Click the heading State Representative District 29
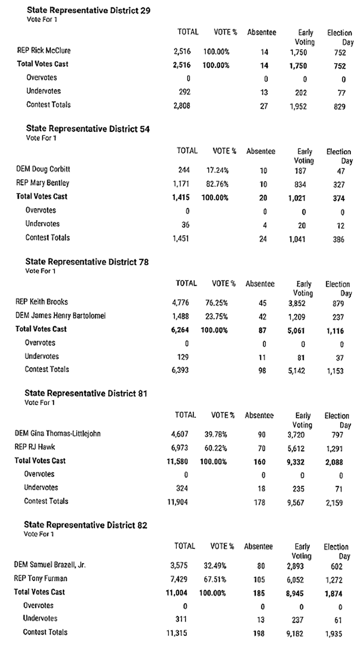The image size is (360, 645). pos(88,11)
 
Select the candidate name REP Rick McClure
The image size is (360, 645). pos(44,51)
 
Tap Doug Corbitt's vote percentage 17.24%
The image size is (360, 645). pos(217,171)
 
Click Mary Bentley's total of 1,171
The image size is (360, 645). pos(181,184)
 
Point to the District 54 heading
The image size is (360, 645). pos(88,129)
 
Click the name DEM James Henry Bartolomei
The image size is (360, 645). pos(60,315)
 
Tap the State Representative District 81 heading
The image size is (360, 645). pos(86,393)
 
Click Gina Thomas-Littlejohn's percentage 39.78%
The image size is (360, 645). pos(215,435)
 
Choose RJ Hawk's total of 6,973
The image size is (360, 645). pos(179,448)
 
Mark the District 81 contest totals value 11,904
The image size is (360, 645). pos(178,502)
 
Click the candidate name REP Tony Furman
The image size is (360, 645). pos(41,579)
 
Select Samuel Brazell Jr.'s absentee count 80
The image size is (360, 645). pos(261,566)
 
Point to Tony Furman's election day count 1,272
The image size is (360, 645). pos(334,580)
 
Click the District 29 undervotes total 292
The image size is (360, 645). pos(184,92)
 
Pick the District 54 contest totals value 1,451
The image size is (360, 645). pos(180,238)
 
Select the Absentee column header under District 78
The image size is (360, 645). pos(260,284)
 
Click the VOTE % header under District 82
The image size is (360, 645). pos(222,546)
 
